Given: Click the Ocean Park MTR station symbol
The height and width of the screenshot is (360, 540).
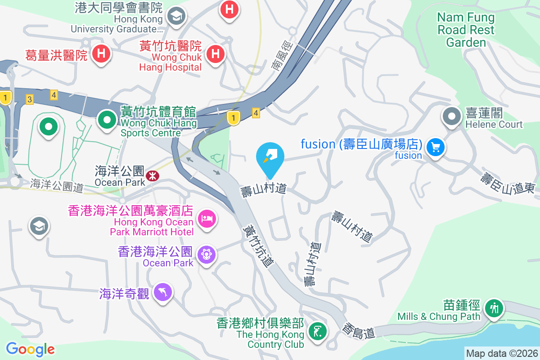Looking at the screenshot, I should point(152,176).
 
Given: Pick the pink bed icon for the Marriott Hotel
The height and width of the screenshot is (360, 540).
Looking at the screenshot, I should point(207,219).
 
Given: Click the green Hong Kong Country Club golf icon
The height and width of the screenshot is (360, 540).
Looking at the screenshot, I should point(318,332).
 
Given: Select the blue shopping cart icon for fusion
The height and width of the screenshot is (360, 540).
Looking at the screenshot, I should point(436,147).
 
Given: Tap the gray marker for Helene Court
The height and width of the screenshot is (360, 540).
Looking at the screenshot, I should point(451,116).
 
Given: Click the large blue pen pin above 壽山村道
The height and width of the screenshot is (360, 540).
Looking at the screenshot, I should point(270,157).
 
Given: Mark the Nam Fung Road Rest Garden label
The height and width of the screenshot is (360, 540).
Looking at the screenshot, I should point(466,30).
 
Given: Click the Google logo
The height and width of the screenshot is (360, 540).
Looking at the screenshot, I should point(30,349).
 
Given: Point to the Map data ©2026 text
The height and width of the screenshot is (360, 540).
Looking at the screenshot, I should point(502,354).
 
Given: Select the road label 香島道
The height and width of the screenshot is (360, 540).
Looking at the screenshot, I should point(359,331).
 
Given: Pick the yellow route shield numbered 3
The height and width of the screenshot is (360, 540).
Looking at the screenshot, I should point(30,99).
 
